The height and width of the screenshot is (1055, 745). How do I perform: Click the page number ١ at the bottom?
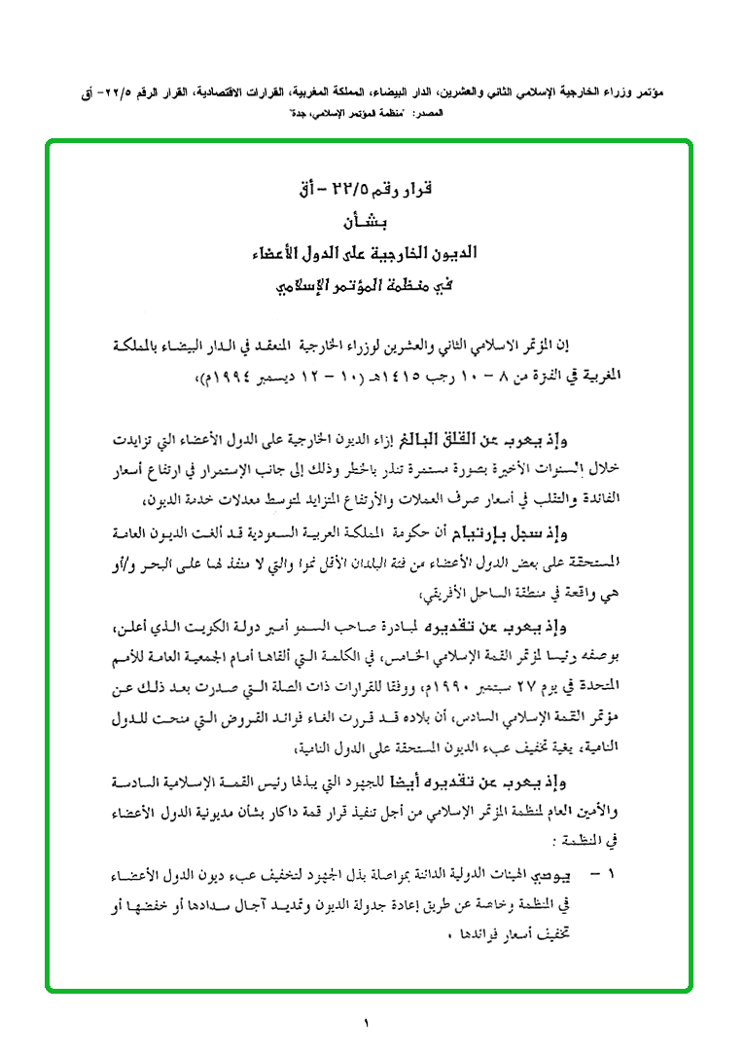coord(367,1023)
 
